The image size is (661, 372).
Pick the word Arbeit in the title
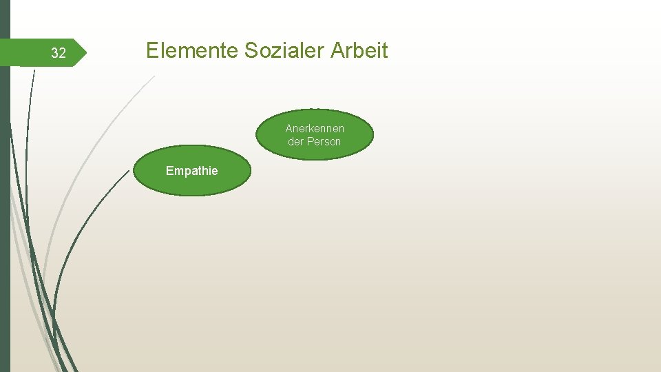tap(359, 50)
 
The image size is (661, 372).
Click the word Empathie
tap(191, 171)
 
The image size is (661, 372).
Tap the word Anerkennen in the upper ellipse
tap(315, 128)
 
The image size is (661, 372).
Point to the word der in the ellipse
tap(296, 141)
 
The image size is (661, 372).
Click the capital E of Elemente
tap(152, 50)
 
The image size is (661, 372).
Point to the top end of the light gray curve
tap(154, 76)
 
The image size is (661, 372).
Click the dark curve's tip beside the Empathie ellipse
tap(129, 170)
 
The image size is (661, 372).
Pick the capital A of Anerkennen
tap(288, 128)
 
